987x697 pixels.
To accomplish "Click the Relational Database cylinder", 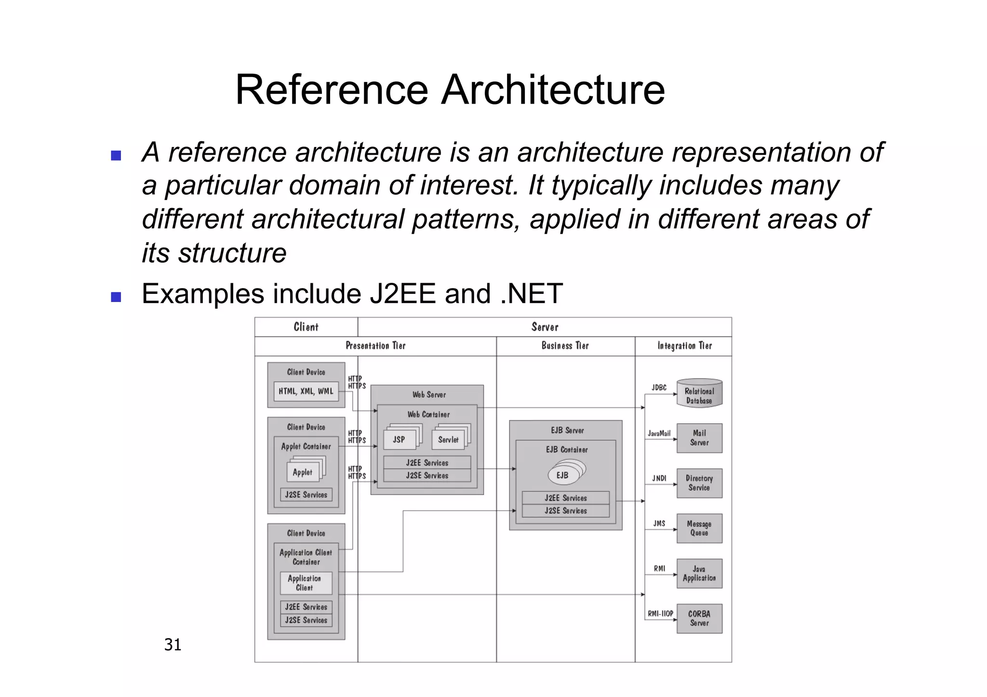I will click(699, 394).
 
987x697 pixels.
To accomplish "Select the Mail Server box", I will click(699, 438).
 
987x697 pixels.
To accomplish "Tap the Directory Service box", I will click(699, 483).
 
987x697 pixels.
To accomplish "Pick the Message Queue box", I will click(699, 528).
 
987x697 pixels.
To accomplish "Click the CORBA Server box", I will click(699, 618).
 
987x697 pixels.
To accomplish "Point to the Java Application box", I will click(699, 573).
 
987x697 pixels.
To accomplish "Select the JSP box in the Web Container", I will click(399, 440).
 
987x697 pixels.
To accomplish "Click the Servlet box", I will click(448, 440).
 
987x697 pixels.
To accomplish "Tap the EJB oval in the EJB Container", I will click(562, 475).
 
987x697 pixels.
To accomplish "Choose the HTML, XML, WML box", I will click(306, 391).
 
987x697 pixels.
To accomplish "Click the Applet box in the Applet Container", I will click(302, 473).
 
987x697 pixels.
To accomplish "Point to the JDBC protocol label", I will click(659, 387).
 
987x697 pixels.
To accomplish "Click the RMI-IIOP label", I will click(660, 614).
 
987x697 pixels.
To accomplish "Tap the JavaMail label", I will click(659, 434).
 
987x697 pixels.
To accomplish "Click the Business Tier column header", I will click(565, 346).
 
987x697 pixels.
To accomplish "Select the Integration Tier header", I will click(684, 346).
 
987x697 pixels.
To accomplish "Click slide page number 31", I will click(173, 644).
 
